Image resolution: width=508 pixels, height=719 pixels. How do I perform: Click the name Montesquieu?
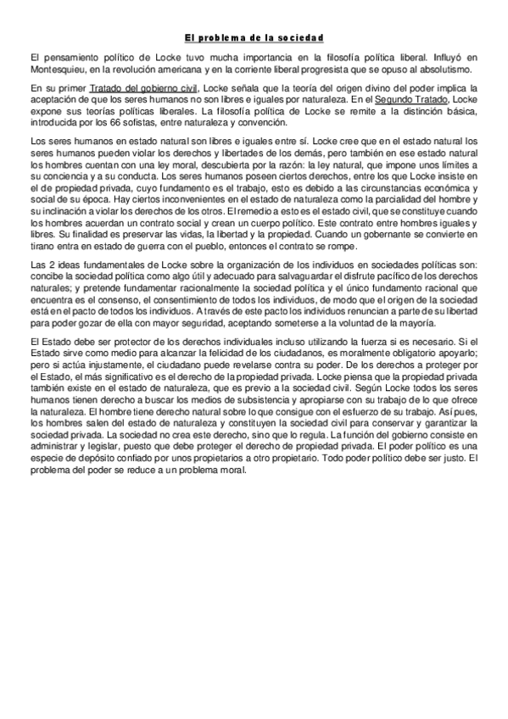click(56, 70)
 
